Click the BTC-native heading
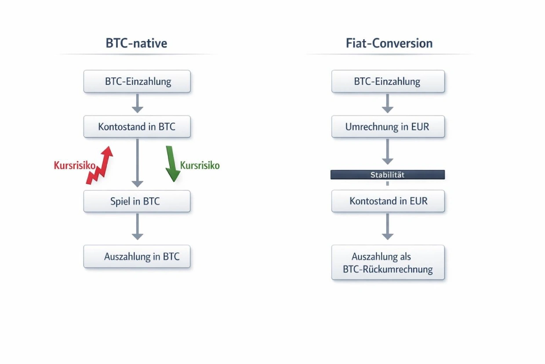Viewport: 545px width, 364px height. click(x=136, y=43)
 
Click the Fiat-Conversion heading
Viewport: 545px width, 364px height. click(x=389, y=43)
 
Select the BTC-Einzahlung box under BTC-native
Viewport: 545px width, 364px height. click(x=137, y=81)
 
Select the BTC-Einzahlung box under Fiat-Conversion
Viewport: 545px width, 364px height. click(x=388, y=81)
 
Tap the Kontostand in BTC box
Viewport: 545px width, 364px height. click(x=137, y=127)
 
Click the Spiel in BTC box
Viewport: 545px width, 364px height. click(x=137, y=202)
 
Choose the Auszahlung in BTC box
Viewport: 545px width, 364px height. click(x=137, y=257)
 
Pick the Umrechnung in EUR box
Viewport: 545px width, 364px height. click(x=388, y=127)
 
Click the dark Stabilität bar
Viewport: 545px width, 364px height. click(x=388, y=175)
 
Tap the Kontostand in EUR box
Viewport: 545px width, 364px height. click(x=388, y=201)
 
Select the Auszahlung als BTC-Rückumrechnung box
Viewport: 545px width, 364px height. click(x=388, y=263)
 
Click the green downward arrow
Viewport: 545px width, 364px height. click(x=172, y=164)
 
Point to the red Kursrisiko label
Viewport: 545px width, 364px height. click(x=74, y=166)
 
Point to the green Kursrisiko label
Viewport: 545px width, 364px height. click(x=200, y=165)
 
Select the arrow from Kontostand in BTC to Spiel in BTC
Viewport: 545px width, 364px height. click(x=138, y=163)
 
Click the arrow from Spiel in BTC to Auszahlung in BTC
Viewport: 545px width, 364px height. click(x=138, y=227)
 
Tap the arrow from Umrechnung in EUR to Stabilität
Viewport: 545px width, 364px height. click(x=387, y=152)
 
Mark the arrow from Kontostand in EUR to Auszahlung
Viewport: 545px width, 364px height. click(x=387, y=227)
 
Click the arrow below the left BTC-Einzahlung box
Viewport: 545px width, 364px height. click(x=138, y=103)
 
